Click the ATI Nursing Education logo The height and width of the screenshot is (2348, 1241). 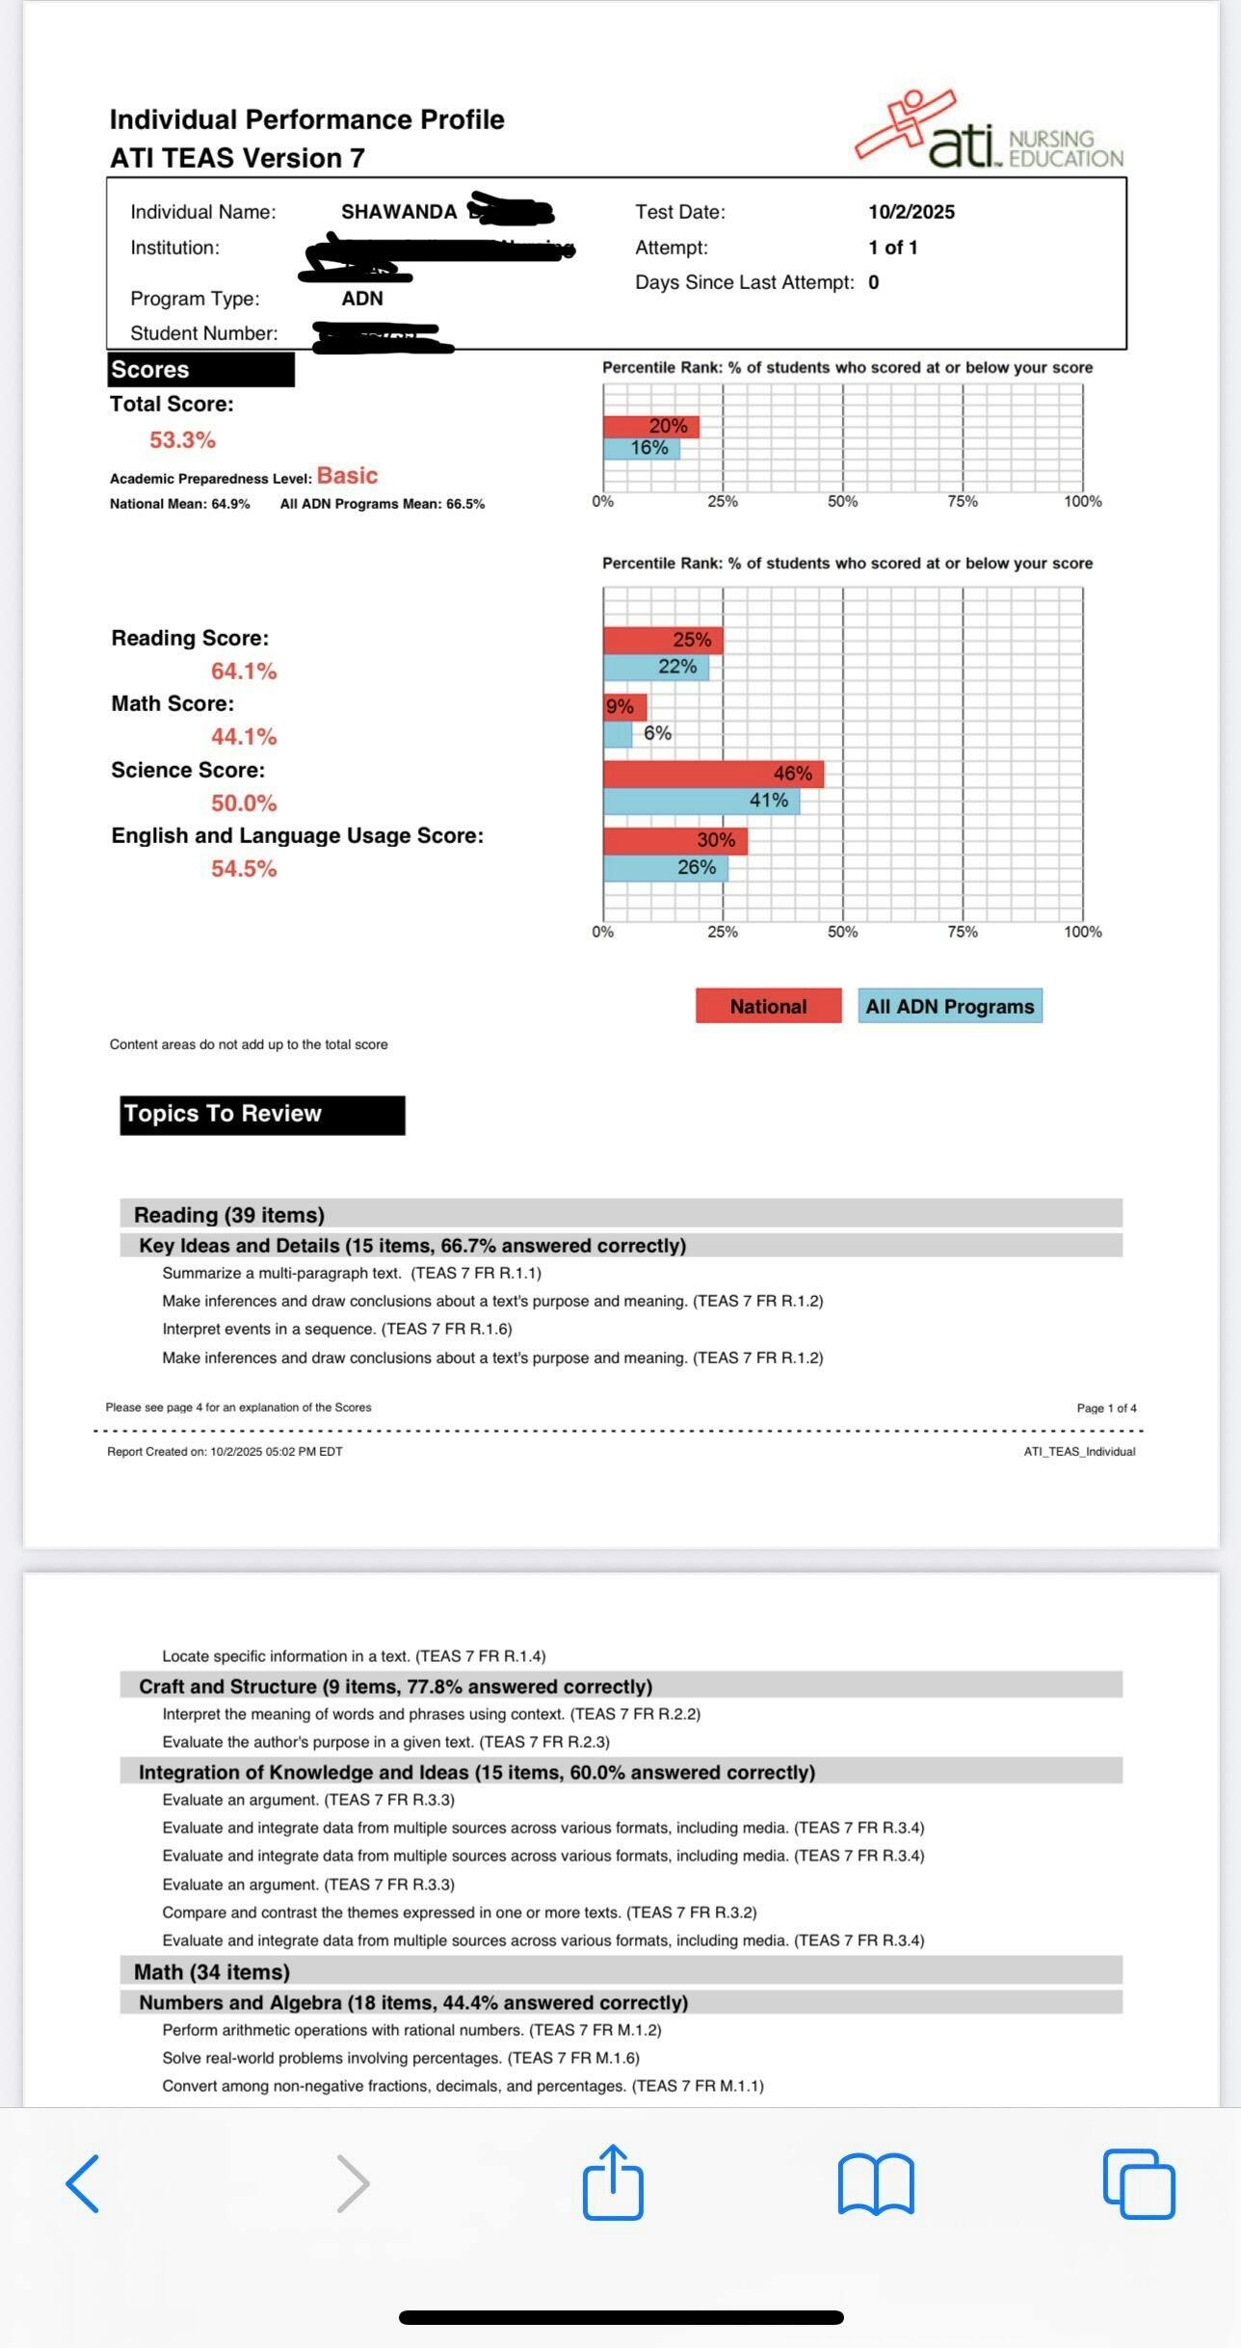(x=989, y=132)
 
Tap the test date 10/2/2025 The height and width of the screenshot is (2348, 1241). (x=911, y=212)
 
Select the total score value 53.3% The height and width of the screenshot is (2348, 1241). (x=182, y=440)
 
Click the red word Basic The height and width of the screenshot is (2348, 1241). (x=347, y=476)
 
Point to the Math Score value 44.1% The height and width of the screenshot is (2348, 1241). (x=244, y=737)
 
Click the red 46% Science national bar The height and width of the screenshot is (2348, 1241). (x=713, y=774)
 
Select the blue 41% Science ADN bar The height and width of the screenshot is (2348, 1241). (x=700, y=801)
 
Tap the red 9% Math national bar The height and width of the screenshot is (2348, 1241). (x=624, y=707)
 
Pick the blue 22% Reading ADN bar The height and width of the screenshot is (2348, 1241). (x=655, y=667)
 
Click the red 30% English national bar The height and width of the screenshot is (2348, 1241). (x=674, y=840)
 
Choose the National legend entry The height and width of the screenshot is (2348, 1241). (x=768, y=1006)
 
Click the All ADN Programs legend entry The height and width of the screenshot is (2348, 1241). (x=949, y=1006)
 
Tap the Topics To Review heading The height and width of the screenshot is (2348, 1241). (x=261, y=1115)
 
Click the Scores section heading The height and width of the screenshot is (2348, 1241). (x=200, y=370)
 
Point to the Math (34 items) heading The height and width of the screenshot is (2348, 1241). (x=212, y=1972)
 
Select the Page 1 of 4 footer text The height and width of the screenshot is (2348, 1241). (x=1106, y=1408)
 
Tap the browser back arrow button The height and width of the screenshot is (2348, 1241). (x=83, y=2184)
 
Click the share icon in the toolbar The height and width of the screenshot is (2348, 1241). (x=613, y=2183)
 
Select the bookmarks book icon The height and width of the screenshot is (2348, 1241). (x=876, y=2184)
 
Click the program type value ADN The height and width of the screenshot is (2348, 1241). (x=362, y=299)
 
